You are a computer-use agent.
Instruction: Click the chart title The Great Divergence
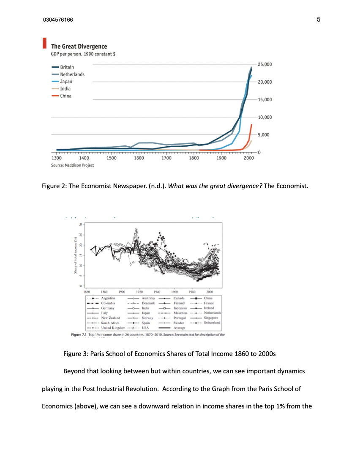coord(79,47)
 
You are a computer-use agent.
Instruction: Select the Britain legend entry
coord(67,67)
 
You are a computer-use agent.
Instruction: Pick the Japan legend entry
coord(66,82)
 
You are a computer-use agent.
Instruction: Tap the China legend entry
coord(65,96)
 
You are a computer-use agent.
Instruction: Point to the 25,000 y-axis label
coord(265,64)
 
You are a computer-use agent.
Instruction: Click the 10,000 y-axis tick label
coord(265,117)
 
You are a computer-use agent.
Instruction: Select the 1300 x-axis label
coord(56,158)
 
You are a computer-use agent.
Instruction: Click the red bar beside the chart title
coord(44,43)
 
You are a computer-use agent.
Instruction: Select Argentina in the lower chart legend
coord(109,298)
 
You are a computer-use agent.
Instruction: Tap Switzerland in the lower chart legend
coord(210,323)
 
